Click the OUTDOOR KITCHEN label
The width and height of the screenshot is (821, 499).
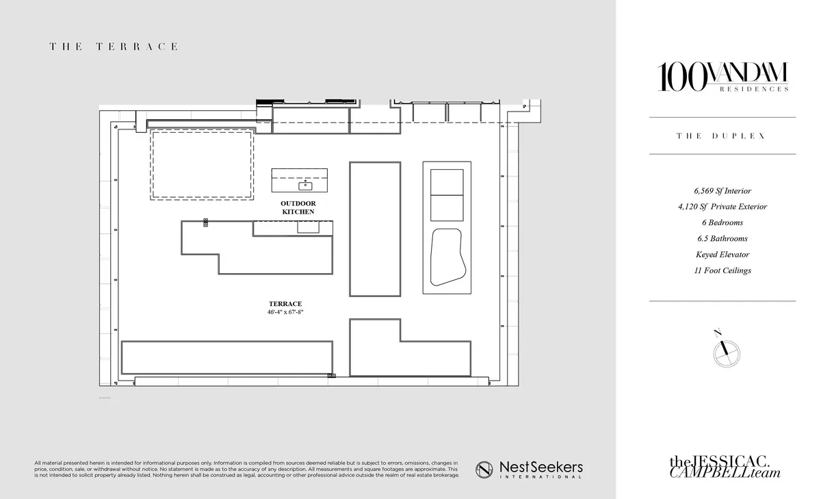point(298,208)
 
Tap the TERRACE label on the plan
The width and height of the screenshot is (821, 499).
point(285,304)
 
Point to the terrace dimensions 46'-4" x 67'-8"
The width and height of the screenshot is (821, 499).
point(285,312)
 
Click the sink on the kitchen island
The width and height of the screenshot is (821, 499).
point(305,185)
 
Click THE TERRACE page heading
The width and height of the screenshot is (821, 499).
point(114,47)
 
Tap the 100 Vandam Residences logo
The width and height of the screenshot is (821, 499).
point(722,77)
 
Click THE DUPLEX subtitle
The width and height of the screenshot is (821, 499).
point(722,136)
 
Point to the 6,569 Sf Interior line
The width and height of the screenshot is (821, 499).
point(722,191)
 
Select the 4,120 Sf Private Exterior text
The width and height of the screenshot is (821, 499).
point(722,207)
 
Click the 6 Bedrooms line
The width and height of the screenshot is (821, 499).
point(722,222)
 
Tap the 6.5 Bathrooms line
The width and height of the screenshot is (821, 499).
point(722,239)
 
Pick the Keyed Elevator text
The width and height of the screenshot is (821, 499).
point(722,255)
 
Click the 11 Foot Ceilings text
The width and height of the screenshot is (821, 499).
point(722,270)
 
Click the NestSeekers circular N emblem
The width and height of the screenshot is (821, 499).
point(484,469)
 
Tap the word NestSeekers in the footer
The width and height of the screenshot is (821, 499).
point(541,467)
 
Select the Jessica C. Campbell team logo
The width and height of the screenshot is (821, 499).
point(725,467)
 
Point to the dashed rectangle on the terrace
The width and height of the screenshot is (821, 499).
point(202,164)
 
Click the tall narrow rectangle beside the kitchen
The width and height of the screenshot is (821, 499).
point(375,229)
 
